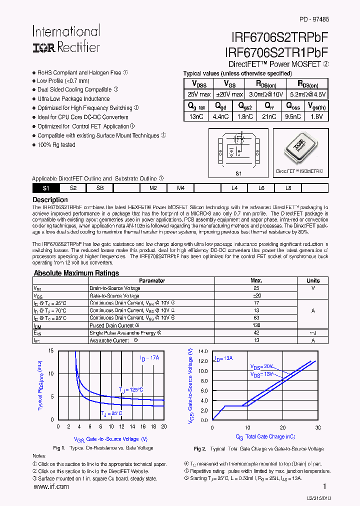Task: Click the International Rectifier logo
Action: pos(66,39)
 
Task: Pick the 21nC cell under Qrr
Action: pos(269,116)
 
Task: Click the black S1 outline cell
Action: pos(46,188)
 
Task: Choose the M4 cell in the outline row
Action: pos(180,188)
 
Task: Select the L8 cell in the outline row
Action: pos(288,188)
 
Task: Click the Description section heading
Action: pos(50,200)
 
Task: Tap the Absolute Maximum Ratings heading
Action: pos(76,273)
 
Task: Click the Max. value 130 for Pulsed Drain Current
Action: pos(256,325)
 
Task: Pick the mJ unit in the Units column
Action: pos(313,333)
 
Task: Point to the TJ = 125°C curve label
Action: pos(131,390)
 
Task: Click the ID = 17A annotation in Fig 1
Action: pos(149,358)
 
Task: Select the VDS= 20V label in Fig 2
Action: pos(262,366)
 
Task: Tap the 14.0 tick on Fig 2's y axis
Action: pos(202,351)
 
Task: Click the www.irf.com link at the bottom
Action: pos(51,486)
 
